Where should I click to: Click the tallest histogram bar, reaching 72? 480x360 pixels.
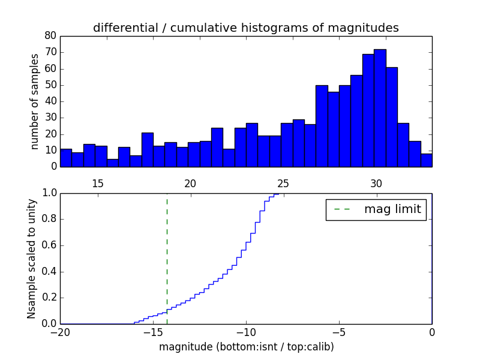pyautogui.click(x=380, y=108)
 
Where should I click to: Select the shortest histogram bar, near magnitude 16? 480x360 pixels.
pyautogui.click(x=113, y=162)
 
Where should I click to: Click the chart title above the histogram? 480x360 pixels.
pyautogui.click(x=245, y=28)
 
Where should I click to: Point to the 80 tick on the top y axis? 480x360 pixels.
pyautogui.click(x=50, y=36)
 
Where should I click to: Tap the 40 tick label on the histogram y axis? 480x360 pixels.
pyautogui.click(x=50, y=101)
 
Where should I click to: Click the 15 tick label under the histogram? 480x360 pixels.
pyautogui.click(x=98, y=184)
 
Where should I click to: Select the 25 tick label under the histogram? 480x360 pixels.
pyautogui.click(x=283, y=184)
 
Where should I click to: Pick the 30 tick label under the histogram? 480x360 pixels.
pyautogui.click(x=376, y=184)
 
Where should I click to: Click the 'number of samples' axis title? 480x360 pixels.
pyautogui.click(x=35, y=101)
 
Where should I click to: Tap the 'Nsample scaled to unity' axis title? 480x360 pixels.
pyautogui.click(x=32, y=259)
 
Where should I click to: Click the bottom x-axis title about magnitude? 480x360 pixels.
pyautogui.click(x=246, y=347)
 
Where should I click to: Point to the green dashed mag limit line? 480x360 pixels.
pyautogui.click(x=167, y=252)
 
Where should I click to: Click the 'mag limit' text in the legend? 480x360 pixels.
pyautogui.click(x=392, y=209)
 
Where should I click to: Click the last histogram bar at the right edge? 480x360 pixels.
pyautogui.click(x=426, y=160)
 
